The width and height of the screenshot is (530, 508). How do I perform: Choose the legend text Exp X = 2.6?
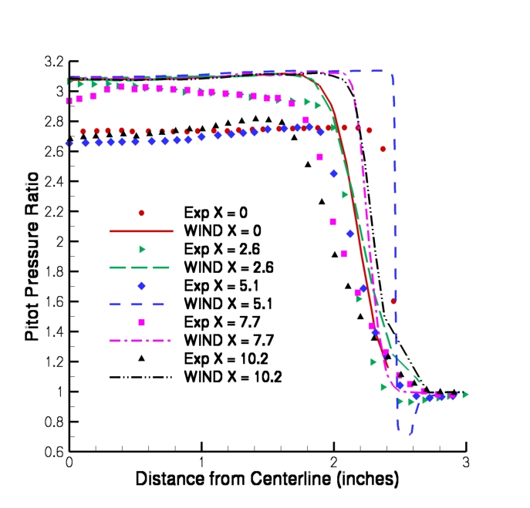click(218, 248)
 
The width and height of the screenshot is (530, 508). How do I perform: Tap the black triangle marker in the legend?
click(141, 358)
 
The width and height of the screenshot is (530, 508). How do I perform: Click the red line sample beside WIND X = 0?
click(141, 230)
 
